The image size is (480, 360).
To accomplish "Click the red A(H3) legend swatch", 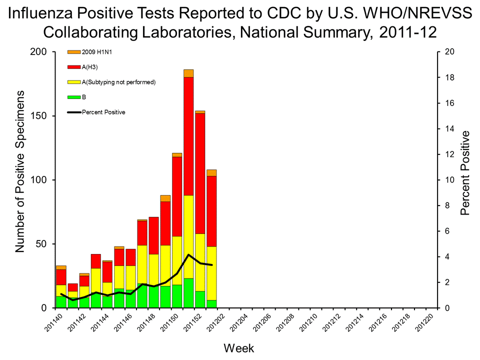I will [74, 67].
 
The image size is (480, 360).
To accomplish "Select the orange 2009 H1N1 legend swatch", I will [74, 52].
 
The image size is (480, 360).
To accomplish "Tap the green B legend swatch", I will [74, 97].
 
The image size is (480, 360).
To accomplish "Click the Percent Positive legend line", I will [74, 112].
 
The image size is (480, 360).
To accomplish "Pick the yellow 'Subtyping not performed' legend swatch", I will [74, 82].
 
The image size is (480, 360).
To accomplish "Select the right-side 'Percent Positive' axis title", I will [465, 173].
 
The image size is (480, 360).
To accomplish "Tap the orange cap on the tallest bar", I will [188, 73].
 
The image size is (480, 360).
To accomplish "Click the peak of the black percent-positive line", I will [188, 254].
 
